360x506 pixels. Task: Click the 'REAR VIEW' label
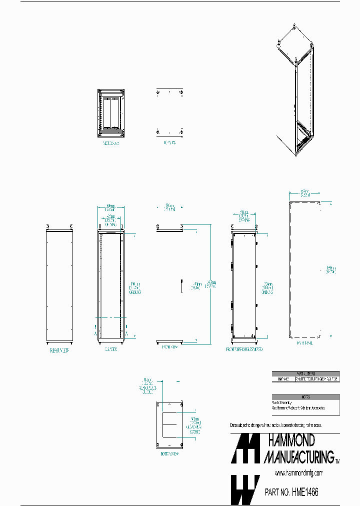pyautogui.click(x=59, y=350)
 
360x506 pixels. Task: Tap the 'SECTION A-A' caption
pyautogui.click(x=111, y=142)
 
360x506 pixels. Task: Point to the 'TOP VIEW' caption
pyautogui.click(x=170, y=142)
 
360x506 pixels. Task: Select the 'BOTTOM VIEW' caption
pyautogui.click(x=169, y=454)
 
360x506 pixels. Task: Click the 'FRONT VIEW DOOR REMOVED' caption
pyautogui.click(x=244, y=349)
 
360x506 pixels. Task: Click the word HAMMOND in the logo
pyautogui.click(x=292, y=440)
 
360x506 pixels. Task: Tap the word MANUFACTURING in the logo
pyautogui.click(x=298, y=456)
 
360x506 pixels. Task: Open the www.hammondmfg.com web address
pyautogui.click(x=299, y=473)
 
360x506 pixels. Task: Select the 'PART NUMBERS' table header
pyautogui.click(x=305, y=373)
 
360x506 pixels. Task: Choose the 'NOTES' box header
pyautogui.click(x=305, y=397)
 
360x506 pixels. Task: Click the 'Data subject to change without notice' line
pyautogui.click(x=282, y=425)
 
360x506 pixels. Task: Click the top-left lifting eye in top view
pyautogui.click(x=158, y=93)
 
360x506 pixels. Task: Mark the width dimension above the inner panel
pyautogui.click(x=304, y=192)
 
